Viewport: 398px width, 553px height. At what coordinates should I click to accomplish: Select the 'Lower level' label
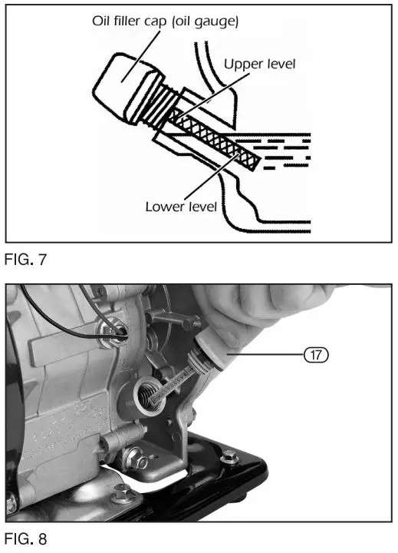182,206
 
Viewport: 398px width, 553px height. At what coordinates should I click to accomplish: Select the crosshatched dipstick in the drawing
215,138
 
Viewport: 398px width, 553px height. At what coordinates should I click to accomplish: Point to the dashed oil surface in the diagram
284,150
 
